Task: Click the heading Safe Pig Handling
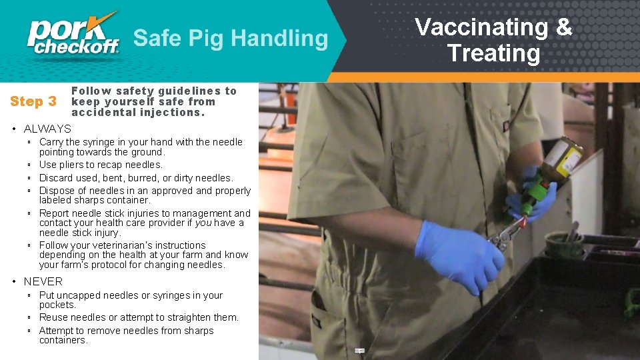coord(231,38)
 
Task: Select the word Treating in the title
coord(493,53)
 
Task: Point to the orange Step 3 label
coord(33,102)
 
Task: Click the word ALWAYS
coord(47,129)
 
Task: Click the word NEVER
coord(43,281)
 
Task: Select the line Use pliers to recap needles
coord(101,165)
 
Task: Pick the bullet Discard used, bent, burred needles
coord(136,178)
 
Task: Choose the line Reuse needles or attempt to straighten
coord(139,317)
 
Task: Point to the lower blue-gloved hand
coord(460,254)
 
